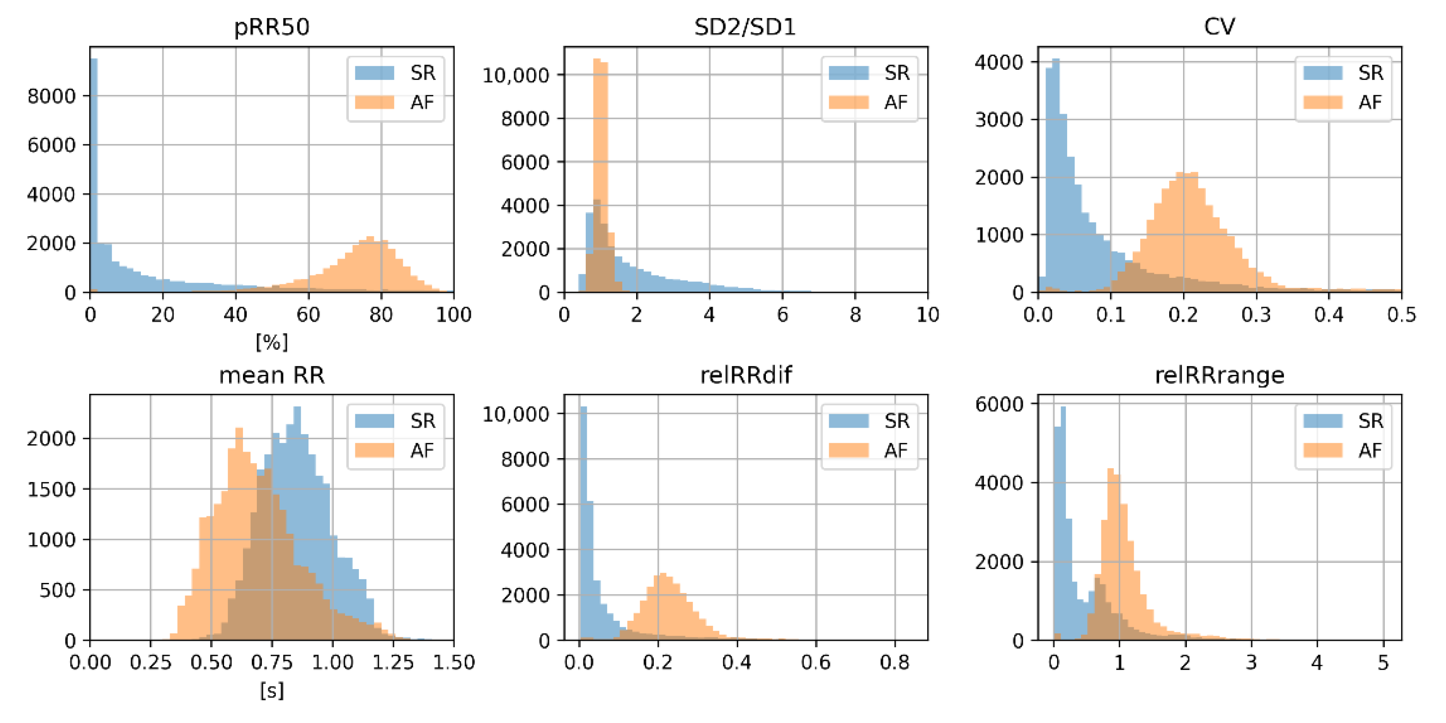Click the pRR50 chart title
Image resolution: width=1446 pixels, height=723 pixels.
tap(272, 27)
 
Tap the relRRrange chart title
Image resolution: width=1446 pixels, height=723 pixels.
tap(1219, 375)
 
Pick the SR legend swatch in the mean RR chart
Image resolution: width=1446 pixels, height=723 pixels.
tap(374, 420)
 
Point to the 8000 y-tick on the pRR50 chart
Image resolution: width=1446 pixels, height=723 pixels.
tap(51, 96)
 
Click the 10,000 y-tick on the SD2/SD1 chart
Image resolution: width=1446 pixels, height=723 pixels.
tap(515, 75)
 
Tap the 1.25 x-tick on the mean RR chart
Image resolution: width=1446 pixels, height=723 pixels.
tap(393, 662)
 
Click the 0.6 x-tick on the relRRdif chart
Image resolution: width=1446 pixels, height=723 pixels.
tap(815, 662)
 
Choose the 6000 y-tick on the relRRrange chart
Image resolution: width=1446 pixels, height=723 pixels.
tap(999, 404)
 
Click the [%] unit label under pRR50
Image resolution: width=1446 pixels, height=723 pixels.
tap(272, 342)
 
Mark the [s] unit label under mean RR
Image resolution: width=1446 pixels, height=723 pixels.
tap(272, 689)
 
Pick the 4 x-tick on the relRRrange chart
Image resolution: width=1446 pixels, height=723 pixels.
tap(1317, 662)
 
